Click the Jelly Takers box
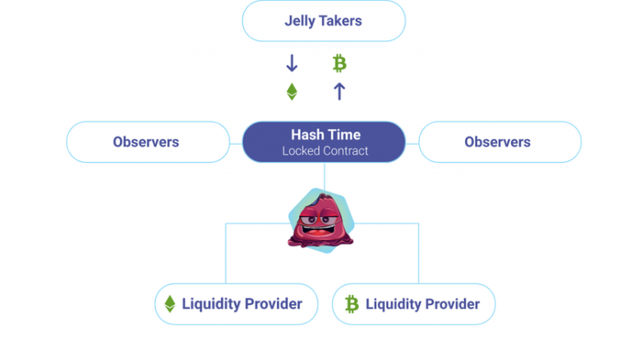[x=323, y=21]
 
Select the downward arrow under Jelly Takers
[x=292, y=63]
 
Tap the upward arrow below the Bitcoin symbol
[x=339, y=91]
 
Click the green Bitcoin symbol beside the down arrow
[x=339, y=63]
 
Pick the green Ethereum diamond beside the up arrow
[x=292, y=91]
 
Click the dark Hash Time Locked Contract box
[x=323, y=141]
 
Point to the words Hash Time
[x=325, y=134]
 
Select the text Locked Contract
[x=325, y=151]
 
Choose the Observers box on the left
[x=147, y=141]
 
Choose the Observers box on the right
[x=499, y=141]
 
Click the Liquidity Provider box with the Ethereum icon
[x=235, y=304]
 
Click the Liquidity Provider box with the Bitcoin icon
[x=413, y=304]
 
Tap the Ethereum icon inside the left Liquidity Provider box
[x=170, y=304]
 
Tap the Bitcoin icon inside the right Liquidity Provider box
[x=352, y=304]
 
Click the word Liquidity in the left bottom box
[x=211, y=304]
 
